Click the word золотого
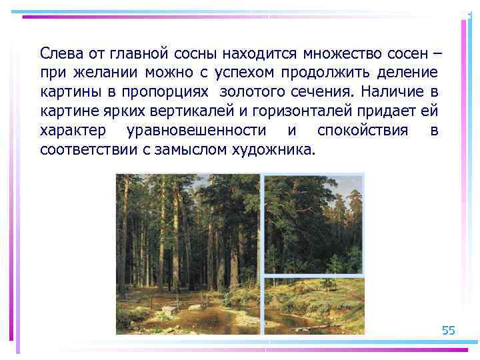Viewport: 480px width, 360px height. click(x=251, y=91)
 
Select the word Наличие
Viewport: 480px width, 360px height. click(x=391, y=91)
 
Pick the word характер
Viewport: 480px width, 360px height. click(x=71, y=130)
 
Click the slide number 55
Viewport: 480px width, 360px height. click(x=448, y=331)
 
